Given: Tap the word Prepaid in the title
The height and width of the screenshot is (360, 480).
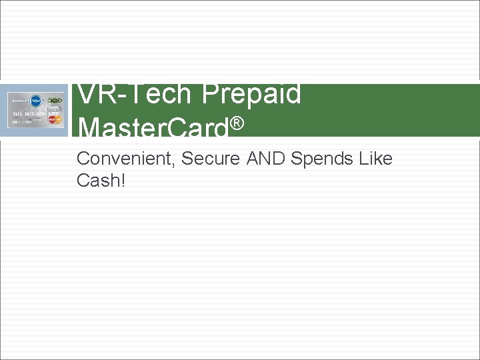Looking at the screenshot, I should pos(251,94).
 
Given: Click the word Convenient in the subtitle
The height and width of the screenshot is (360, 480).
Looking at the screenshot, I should pos(125,159).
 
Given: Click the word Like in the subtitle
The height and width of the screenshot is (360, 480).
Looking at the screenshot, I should pos(375,159).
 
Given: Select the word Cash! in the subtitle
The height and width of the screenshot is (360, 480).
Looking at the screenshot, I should pos(101,180).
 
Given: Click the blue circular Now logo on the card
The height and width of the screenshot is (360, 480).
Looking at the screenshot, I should pos(37,101).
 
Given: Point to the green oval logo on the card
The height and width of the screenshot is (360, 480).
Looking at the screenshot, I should pos(55,101).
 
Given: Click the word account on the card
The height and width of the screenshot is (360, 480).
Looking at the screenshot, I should pos(21,101).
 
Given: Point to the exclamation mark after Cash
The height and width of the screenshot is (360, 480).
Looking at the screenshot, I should pos(122,180).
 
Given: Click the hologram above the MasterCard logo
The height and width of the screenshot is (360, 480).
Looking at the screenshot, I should pos(55,111).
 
